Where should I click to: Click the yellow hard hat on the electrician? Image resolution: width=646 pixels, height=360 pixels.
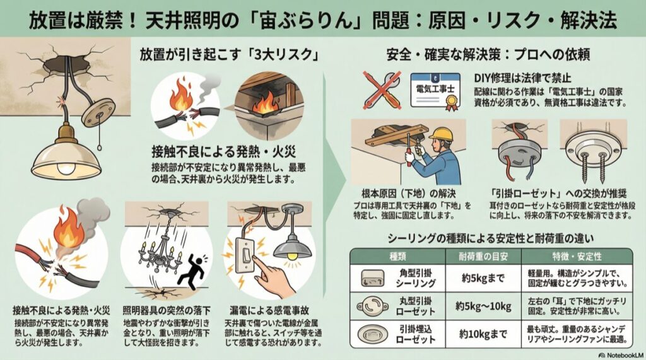click(x=441, y=134)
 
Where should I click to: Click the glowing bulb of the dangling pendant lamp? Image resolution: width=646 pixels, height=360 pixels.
click(x=65, y=168)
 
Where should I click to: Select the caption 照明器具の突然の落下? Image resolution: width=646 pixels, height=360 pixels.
click(x=167, y=310)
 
